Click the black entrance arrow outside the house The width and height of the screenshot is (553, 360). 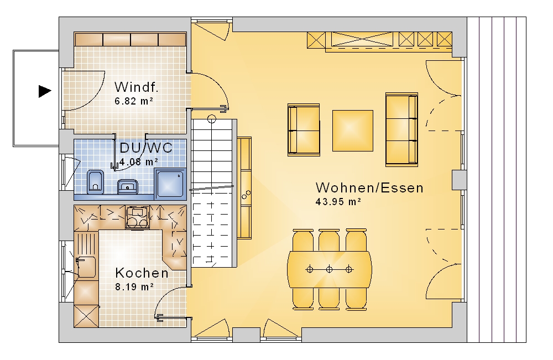click(45, 91)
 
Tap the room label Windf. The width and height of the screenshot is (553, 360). click(137, 87)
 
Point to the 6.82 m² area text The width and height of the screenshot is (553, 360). click(134, 101)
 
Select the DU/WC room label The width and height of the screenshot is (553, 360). click(146, 148)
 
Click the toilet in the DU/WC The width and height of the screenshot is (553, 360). click(95, 182)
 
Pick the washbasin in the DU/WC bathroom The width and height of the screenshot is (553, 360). click(127, 186)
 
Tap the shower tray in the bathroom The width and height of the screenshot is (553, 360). click(170, 182)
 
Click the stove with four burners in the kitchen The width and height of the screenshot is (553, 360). click(137, 217)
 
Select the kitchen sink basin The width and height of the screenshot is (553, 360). click(86, 267)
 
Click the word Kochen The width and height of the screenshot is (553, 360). click(142, 273)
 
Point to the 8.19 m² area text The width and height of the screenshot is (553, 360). click(134, 287)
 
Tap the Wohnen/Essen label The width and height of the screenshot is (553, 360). click(369, 187)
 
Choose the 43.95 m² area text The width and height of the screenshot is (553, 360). click(338, 202)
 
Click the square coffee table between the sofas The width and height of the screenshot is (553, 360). click(353, 131)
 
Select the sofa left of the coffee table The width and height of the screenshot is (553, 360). click(304, 130)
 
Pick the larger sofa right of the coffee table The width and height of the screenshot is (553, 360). click(401, 129)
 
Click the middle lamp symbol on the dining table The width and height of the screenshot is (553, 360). click(329, 270)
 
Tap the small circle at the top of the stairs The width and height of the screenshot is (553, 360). click(212, 119)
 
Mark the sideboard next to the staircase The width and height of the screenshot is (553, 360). click(244, 188)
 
